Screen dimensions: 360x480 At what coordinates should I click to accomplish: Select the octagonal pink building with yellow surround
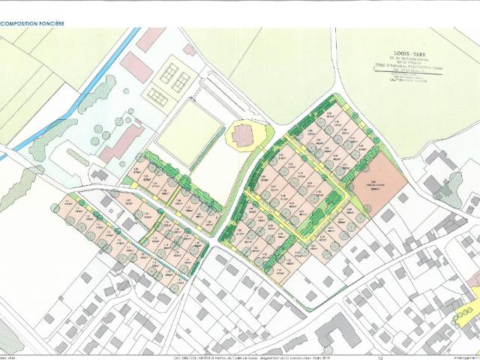point(242,136)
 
